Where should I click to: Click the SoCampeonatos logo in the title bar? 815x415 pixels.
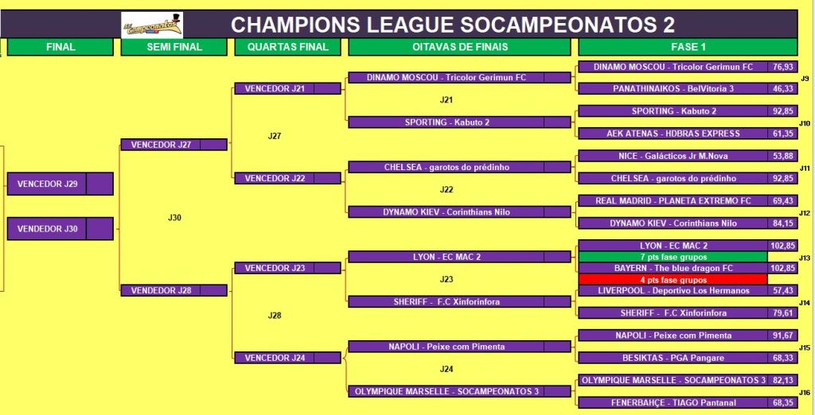152,25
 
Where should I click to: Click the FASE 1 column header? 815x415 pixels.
688,47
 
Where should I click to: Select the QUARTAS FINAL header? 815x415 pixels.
287,47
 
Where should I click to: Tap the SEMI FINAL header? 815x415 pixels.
174,47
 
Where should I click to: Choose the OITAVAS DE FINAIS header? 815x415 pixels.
459,47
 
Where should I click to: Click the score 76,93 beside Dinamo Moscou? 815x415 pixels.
782,67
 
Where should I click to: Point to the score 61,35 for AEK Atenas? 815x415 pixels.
782,134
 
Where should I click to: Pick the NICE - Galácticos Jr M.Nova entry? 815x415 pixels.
673,156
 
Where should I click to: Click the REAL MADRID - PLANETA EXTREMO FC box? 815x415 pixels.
673,200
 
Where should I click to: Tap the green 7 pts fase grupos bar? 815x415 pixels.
673,257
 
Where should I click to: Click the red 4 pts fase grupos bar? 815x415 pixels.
673,279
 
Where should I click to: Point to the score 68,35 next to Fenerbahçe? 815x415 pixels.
782,402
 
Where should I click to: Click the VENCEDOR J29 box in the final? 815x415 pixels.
60,184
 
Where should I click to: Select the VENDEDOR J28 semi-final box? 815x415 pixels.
174,290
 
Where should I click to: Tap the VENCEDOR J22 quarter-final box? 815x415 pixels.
287,178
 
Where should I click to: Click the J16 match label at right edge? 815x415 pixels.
805,392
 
